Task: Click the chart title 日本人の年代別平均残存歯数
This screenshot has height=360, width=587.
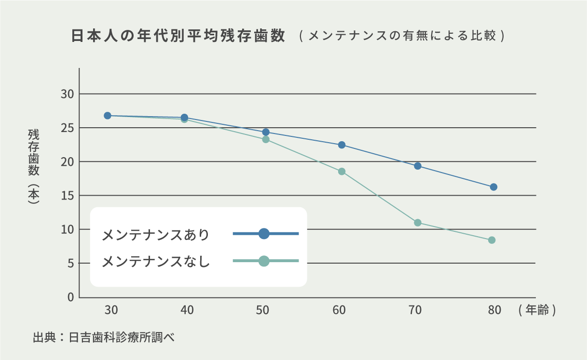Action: pos(178,37)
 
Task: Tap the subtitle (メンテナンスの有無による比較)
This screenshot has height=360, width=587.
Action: pos(401,37)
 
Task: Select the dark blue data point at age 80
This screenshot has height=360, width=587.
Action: pos(493,187)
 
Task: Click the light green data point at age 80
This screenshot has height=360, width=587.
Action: pos(492,240)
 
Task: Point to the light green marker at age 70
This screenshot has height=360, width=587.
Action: pos(418,223)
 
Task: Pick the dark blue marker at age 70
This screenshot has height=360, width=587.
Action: pos(418,166)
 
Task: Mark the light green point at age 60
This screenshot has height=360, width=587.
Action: pos(342,172)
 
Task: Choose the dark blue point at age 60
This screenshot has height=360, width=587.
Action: pos(342,145)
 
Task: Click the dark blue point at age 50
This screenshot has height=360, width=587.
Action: pos(266,132)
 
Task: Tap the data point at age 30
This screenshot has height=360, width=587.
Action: pos(108,116)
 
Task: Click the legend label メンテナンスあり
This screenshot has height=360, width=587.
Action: pos(156,235)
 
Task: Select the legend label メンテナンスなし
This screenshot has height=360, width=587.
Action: pos(156,262)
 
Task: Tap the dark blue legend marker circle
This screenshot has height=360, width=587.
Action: pos(264,234)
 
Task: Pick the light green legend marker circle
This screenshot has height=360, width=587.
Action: pos(264,261)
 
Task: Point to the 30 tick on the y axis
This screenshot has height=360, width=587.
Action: pos(67,94)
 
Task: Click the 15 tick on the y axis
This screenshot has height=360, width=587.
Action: pos(67,196)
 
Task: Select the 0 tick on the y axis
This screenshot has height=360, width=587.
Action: pos(70,297)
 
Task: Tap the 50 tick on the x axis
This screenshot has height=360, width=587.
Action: pos(263,310)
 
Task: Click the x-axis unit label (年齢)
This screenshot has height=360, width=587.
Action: pos(537,310)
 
